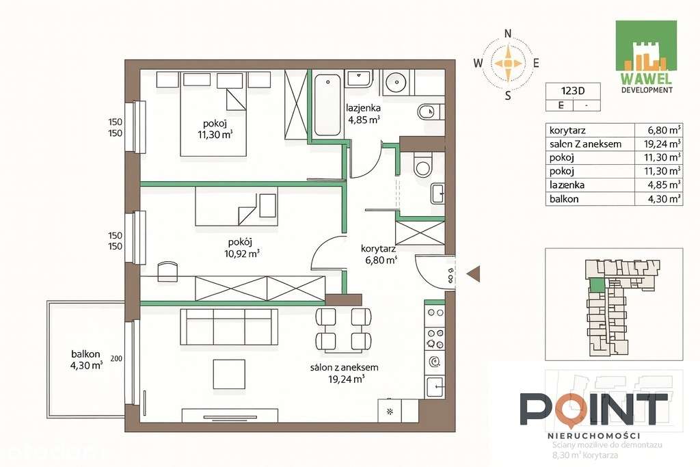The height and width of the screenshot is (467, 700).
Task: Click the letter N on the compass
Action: coord(507,34)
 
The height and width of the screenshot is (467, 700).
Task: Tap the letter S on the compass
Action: coord(507,96)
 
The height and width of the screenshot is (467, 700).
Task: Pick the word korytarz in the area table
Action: coord(567,130)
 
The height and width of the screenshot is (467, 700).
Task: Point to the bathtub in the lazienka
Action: coord(327,105)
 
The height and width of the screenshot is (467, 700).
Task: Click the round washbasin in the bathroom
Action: coord(395,83)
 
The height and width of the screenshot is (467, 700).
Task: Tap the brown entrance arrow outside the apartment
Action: coord(473,274)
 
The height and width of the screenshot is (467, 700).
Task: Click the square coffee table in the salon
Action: coord(228,374)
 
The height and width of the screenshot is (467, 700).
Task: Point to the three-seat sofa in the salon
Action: coord(229,327)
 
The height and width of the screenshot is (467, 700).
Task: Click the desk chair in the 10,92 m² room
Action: coord(167,271)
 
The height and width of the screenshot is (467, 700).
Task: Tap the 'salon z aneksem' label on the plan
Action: coord(344,367)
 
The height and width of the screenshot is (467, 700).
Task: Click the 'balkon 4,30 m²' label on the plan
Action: coord(86,360)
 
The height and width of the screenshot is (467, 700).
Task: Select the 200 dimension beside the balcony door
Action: coord(116,358)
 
